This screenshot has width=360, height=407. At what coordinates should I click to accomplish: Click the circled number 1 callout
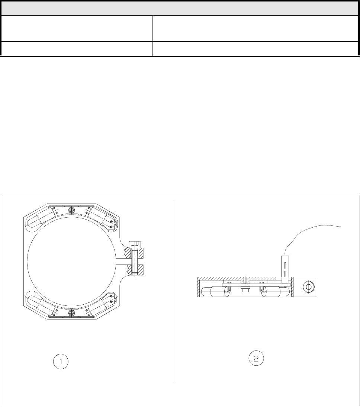61,362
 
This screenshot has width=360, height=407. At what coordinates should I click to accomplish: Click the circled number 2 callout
256,359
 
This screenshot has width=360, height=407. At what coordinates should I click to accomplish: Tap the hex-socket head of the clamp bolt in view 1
135,244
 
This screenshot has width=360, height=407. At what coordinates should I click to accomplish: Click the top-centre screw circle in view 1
71,210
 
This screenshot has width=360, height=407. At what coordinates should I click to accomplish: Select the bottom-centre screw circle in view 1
71,313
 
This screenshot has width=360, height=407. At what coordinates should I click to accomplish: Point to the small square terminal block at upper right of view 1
111,224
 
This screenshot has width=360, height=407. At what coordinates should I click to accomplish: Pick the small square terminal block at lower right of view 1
111,299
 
